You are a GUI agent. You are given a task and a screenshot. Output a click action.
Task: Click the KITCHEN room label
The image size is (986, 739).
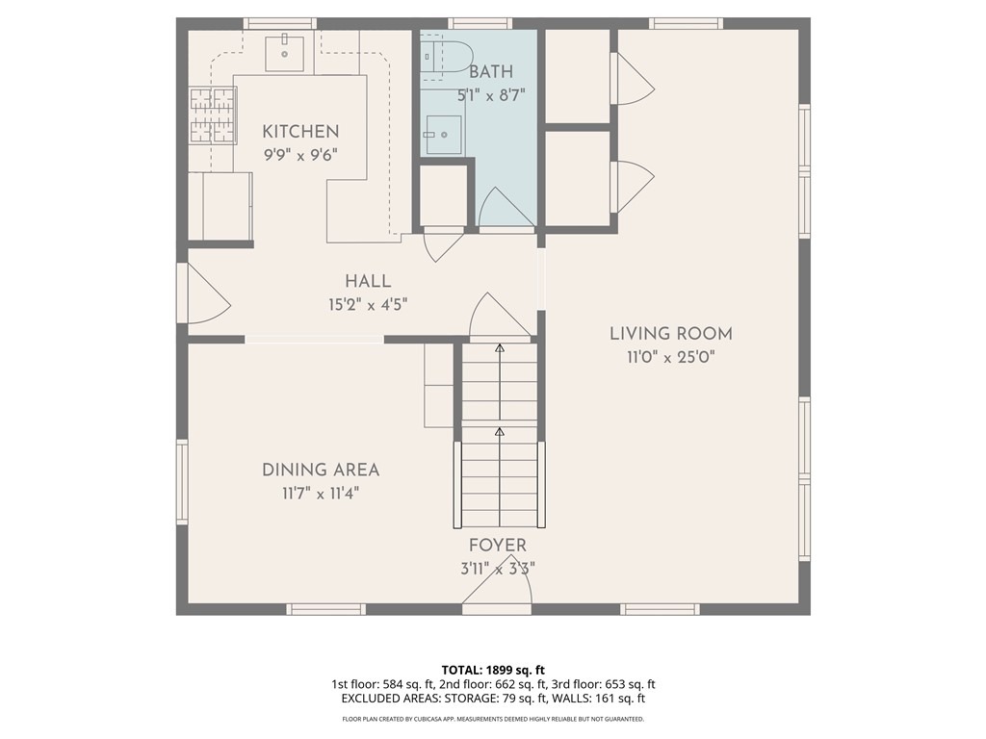[x=300, y=131]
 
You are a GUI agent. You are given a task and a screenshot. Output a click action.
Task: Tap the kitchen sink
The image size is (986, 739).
[x=284, y=54]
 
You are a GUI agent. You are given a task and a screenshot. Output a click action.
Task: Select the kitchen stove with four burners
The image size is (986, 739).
[x=213, y=115]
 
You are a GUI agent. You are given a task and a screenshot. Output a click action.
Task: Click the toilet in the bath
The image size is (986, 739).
[x=447, y=57]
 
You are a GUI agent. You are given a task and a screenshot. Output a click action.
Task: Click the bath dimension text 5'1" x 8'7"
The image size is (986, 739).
[x=490, y=95]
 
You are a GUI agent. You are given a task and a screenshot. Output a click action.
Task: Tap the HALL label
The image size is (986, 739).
[x=368, y=281]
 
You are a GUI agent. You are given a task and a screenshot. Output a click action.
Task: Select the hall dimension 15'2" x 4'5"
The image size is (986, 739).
[x=368, y=305]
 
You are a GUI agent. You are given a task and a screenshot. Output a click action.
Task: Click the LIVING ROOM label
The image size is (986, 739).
[x=671, y=334]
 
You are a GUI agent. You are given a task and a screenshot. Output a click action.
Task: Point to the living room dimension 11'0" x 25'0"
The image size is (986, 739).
[x=671, y=357]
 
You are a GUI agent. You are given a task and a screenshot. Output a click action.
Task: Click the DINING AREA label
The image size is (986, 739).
[x=321, y=470]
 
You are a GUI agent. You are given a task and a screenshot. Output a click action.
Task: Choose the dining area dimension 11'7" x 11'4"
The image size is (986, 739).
[x=321, y=494]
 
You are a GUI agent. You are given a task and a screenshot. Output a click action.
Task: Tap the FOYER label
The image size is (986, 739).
[x=498, y=545]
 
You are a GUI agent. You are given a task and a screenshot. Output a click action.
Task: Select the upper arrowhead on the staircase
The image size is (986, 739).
[x=500, y=347]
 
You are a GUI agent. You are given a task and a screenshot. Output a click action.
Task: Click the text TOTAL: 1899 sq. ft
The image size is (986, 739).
[x=493, y=670]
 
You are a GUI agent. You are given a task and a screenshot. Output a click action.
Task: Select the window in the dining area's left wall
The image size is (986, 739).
[x=182, y=481]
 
